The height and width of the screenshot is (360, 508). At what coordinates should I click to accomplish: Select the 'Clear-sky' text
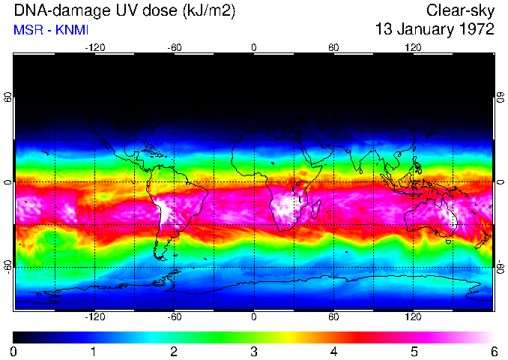[x=460, y=10]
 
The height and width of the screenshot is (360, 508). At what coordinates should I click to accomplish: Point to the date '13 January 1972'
[x=435, y=30]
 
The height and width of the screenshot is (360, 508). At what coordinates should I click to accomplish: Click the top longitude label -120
[x=94, y=48]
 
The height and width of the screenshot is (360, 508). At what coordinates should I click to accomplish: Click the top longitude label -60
[x=174, y=48]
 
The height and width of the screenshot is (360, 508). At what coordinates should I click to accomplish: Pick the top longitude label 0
[x=254, y=48]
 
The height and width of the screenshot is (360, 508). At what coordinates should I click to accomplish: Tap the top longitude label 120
[x=413, y=48]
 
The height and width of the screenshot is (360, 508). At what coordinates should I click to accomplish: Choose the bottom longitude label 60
[x=333, y=316]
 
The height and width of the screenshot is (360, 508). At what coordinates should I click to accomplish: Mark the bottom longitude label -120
[x=94, y=316]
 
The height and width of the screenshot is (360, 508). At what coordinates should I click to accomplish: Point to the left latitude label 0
[x=8, y=182]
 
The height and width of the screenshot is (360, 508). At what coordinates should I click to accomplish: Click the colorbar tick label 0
[x=13, y=351]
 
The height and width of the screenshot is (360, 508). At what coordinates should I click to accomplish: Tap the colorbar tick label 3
[x=253, y=351]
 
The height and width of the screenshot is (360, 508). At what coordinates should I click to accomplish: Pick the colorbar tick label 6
[x=493, y=351]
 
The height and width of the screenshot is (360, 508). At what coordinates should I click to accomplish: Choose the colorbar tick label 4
[x=333, y=351]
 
